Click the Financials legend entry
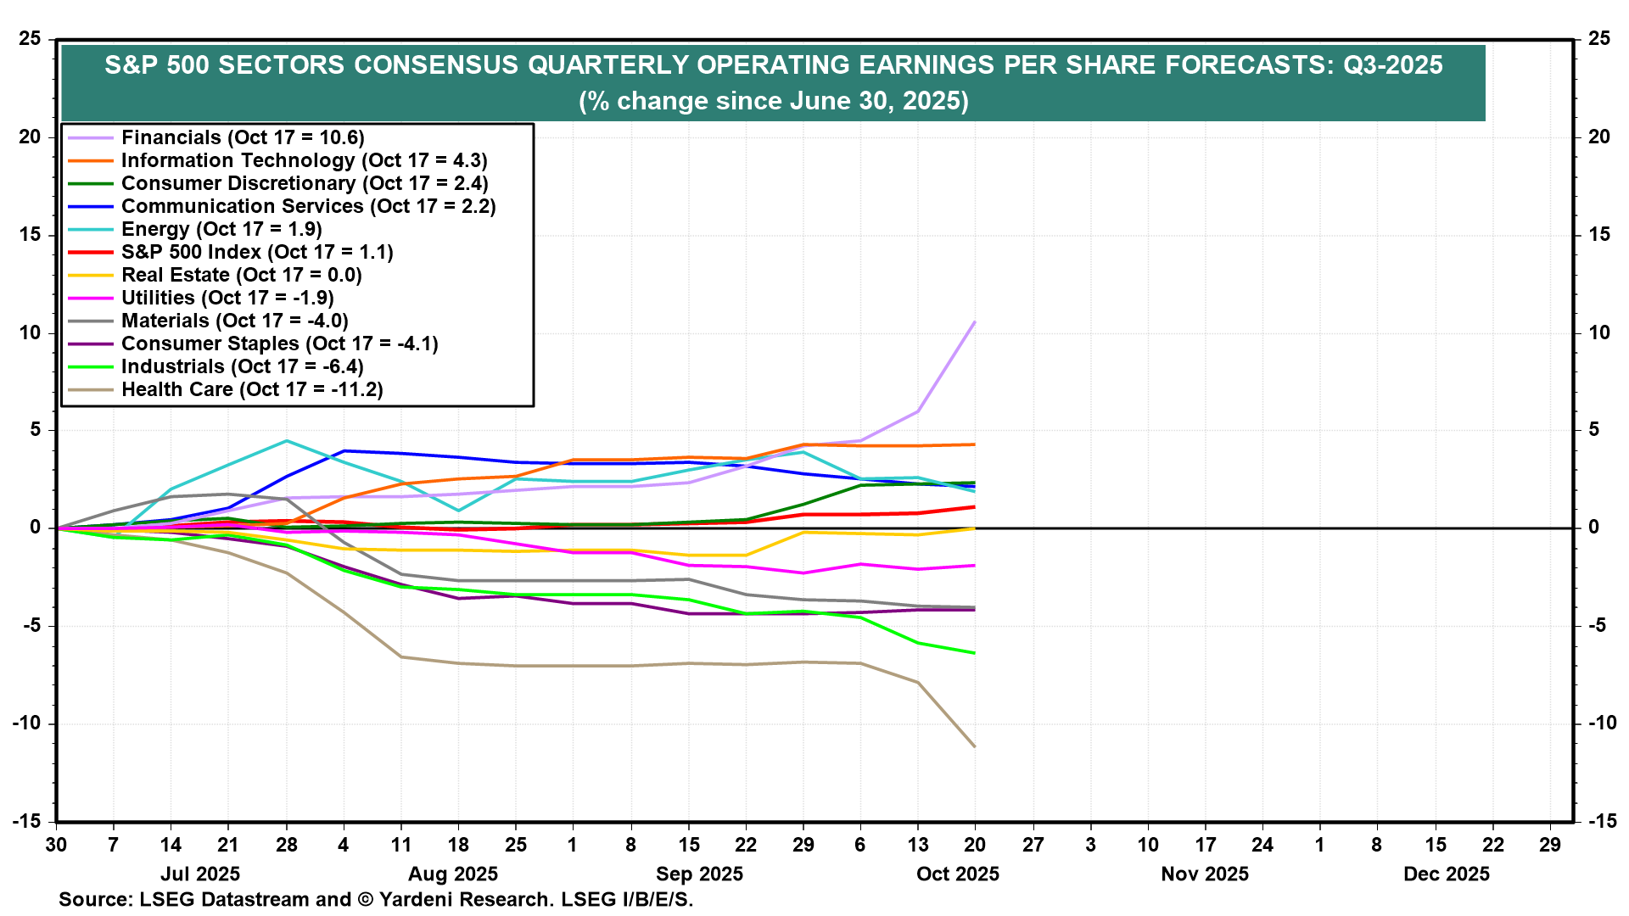tap(243, 137)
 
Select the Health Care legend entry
tap(252, 389)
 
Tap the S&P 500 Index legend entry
tap(257, 252)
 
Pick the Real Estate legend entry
tap(242, 275)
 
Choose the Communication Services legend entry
tap(308, 206)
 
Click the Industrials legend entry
tap(243, 366)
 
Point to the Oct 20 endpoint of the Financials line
tap(974, 322)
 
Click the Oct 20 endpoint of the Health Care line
tap(974, 746)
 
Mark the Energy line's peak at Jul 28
tap(287, 441)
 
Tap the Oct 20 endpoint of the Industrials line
tap(974, 653)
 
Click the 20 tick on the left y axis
tap(31, 137)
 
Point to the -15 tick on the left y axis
tap(27, 821)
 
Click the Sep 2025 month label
tap(699, 874)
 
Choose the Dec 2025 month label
tap(1446, 874)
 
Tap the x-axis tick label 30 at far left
tap(56, 845)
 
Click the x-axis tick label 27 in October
tap(1033, 845)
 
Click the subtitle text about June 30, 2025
tap(773, 101)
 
